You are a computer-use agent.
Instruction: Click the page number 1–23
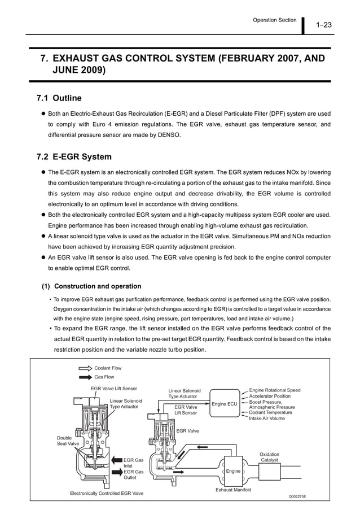pyautogui.click(x=323, y=24)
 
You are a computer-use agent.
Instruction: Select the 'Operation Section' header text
pyautogui.click(x=274, y=20)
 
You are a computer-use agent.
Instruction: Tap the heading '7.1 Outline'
pyautogui.click(x=59, y=98)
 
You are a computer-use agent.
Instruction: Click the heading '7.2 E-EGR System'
pyautogui.click(x=74, y=156)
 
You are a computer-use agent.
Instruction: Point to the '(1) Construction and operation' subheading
pyautogui.click(x=93, y=286)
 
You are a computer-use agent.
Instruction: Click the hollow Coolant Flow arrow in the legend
pyautogui.click(x=85, y=368)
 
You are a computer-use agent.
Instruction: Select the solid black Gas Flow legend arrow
pyautogui.click(x=85, y=377)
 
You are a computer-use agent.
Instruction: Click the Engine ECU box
pyautogui.click(x=224, y=404)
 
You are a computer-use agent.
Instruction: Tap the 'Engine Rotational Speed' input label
pyautogui.click(x=275, y=390)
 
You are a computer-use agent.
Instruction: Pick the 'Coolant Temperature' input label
pyautogui.click(x=270, y=412)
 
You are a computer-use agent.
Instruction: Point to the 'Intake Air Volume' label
pyautogui.click(x=267, y=419)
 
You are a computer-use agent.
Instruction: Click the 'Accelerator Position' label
pyautogui.click(x=270, y=396)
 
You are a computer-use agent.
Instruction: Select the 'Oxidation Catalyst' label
pyautogui.click(x=269, y=457)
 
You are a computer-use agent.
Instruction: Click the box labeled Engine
pyautogui.click(x=234, y=471)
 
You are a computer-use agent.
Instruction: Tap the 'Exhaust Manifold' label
pyautogui.click(x=233, y=490)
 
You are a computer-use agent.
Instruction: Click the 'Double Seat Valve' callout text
pyautogui.click(x=68, y=441)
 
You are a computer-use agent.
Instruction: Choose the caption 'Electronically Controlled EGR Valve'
pyautogui.click(x=107, y=493)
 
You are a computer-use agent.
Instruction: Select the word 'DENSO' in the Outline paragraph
pyautogui.click(x=168, y=134)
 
